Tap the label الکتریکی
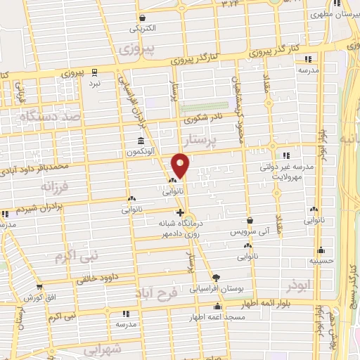pos(143,30)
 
